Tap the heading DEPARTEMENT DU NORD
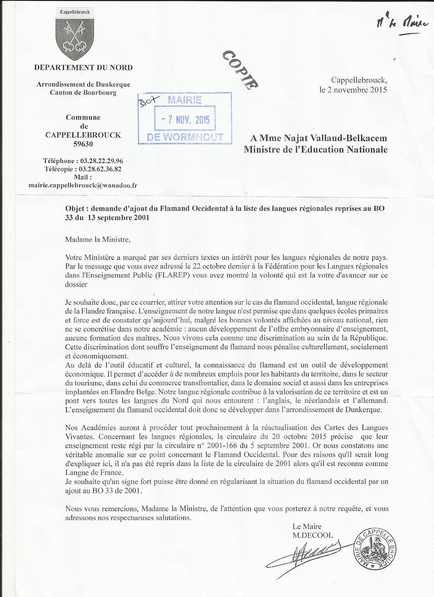point(83,67)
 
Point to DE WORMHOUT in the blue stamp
point(185,137)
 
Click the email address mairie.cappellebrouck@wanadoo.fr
point(83,185)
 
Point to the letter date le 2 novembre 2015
point(353,90)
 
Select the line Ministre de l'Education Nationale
point(315,149)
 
